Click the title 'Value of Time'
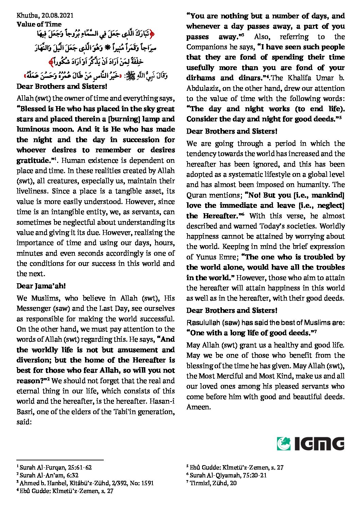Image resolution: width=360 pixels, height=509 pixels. (39, 24)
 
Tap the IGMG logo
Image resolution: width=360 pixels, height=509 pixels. (310, 444)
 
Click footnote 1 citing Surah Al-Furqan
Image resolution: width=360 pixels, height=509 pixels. (54, 468)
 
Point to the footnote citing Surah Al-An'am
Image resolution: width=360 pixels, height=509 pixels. (49, 475)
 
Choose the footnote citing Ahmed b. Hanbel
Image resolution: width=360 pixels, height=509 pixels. (85, 483)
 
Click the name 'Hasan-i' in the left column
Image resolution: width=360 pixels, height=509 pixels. (163, 402)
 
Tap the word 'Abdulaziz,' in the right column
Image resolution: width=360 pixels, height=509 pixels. (201, 88)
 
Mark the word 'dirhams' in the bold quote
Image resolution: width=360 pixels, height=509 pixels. (200, 78)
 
